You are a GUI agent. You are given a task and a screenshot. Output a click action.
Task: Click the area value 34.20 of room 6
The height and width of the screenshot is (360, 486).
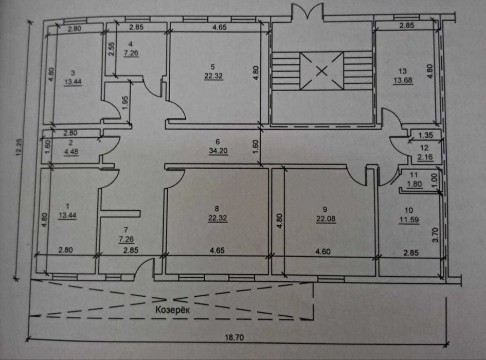coord(218,151)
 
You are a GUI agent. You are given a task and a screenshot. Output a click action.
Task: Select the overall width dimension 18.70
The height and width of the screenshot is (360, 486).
coord(235,337)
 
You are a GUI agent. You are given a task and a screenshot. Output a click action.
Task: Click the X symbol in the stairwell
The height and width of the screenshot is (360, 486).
coord(322,71)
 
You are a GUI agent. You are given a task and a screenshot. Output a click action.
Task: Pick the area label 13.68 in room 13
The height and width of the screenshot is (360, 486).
coord(403,81)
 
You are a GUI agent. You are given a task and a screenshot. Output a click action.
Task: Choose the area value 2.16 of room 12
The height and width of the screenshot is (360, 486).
coord(425,157)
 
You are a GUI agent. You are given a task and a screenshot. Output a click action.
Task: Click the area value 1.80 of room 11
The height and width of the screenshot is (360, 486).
coord(415,184)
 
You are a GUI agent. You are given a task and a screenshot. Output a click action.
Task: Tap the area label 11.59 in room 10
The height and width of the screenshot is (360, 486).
coord(409,220)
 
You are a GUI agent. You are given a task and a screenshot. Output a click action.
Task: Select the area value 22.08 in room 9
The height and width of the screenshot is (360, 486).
coord(326,219)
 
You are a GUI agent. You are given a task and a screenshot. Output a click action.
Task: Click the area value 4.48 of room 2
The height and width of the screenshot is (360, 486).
coord(71,152)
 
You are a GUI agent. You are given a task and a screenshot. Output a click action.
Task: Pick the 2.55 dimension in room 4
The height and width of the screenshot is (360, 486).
coord(112,49)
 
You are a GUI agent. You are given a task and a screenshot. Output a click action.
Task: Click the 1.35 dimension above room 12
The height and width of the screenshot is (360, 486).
coord(425,135)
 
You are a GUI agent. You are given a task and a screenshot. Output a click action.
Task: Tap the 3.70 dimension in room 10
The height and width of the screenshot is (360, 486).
coord(435,235)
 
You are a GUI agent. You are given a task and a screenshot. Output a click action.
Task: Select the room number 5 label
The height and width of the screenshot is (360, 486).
coord(212,67)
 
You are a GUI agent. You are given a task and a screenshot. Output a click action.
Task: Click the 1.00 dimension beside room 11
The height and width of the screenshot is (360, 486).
coord(434,179)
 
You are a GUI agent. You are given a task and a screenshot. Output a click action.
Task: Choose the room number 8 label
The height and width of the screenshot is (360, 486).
coord(217,209)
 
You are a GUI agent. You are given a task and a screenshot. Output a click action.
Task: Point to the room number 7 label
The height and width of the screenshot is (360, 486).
coord(125,229)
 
